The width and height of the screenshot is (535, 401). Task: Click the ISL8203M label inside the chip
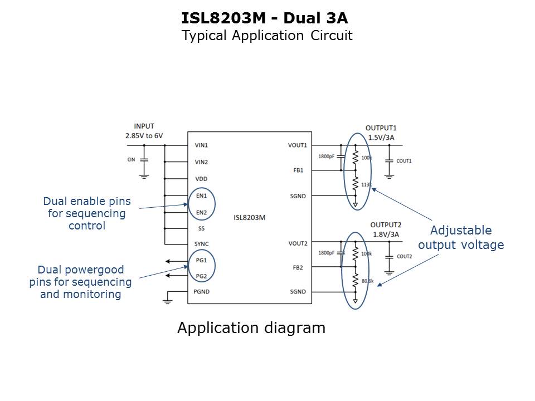pos(250,218)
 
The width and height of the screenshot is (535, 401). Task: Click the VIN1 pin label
pos(201,145)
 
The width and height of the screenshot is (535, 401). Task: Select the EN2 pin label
pos(201,212)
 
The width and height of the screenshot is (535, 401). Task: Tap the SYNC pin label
pos(202,244)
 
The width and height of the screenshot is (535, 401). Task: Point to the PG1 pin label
pos(201,260)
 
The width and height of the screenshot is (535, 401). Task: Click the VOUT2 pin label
pos(298,243)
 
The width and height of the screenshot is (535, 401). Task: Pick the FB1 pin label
pos(298,170)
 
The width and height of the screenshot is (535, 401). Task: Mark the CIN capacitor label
pos(131,159)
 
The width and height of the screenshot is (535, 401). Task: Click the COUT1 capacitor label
pos(404,161)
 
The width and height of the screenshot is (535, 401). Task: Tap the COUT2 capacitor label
pos(404,256)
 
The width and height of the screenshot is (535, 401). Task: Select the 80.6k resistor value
pos(367,281)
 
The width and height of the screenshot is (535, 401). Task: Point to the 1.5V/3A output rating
pos(382,138)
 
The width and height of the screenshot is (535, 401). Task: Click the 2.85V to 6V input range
pos(144,136)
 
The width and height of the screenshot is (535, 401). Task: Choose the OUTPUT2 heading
pos(385,225)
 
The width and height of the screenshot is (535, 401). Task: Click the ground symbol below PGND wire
pos(167,301)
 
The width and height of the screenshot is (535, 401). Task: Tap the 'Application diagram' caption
pos(251,328)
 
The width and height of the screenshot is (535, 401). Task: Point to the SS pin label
pos(201,228)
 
